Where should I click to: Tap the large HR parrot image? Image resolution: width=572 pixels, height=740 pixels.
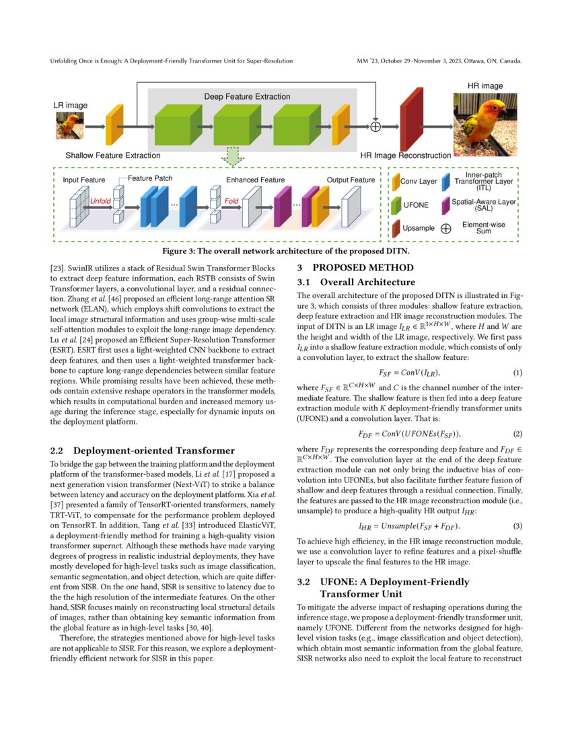(x=485, y=125)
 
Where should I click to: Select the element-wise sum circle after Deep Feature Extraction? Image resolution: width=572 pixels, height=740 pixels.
(x=376, y=126)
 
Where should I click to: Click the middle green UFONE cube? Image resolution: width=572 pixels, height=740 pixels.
(x=232, y=125)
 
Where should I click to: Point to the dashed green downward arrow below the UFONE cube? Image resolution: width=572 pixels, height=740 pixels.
(x=232, y=157)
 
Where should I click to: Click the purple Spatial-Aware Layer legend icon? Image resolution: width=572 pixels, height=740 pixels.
(x=445, y=205)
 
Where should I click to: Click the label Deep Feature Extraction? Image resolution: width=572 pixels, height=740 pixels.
(x=247, y=97)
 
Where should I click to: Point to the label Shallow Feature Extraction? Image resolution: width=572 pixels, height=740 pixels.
(x=112, y=155)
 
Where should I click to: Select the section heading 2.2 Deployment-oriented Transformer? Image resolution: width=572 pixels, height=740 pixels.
(x=143, y=450)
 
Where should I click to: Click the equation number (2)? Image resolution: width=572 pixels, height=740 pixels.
(x=517, y=434)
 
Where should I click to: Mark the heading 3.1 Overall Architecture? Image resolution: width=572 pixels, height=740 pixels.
(x=357, y=282)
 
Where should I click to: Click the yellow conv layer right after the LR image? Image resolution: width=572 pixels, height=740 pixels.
(x=115, y=125)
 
